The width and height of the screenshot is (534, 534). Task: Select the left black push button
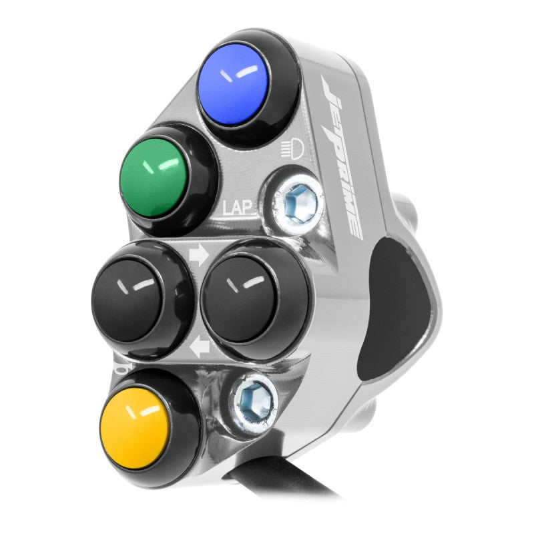pyautogui.click(x=127, y=302)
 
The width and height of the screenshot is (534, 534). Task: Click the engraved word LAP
pyautogui.click(x=238, y=208)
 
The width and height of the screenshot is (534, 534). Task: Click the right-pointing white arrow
pyautogui.click(x=198, y=256)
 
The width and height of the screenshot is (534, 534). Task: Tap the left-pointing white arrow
pyautogui.click(x=200, y=346)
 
